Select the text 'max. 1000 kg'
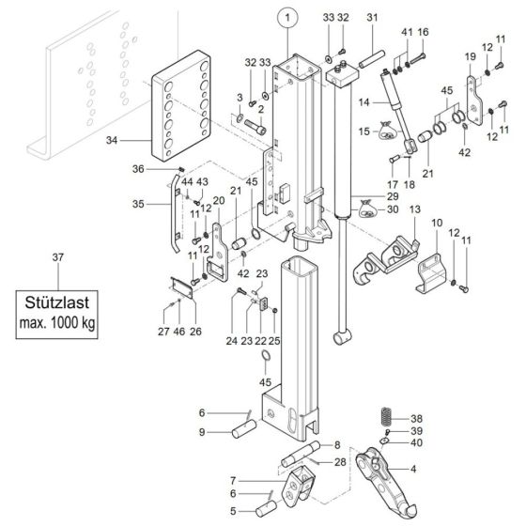[59, 324]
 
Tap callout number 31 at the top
[371, 18]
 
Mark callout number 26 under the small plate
[195, 330]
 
